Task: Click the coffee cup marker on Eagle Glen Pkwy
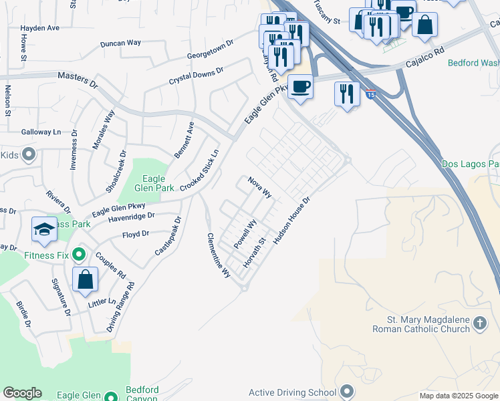300,87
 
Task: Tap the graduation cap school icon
44,229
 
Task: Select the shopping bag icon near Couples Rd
86,279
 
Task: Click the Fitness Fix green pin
79,255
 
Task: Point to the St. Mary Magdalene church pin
479,324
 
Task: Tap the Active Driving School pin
346,392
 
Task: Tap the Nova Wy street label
259,187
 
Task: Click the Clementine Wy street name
218,255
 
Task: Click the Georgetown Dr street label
210,48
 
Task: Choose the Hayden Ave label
40,28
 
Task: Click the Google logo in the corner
22,393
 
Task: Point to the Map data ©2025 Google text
459,396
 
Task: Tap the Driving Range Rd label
121,307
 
